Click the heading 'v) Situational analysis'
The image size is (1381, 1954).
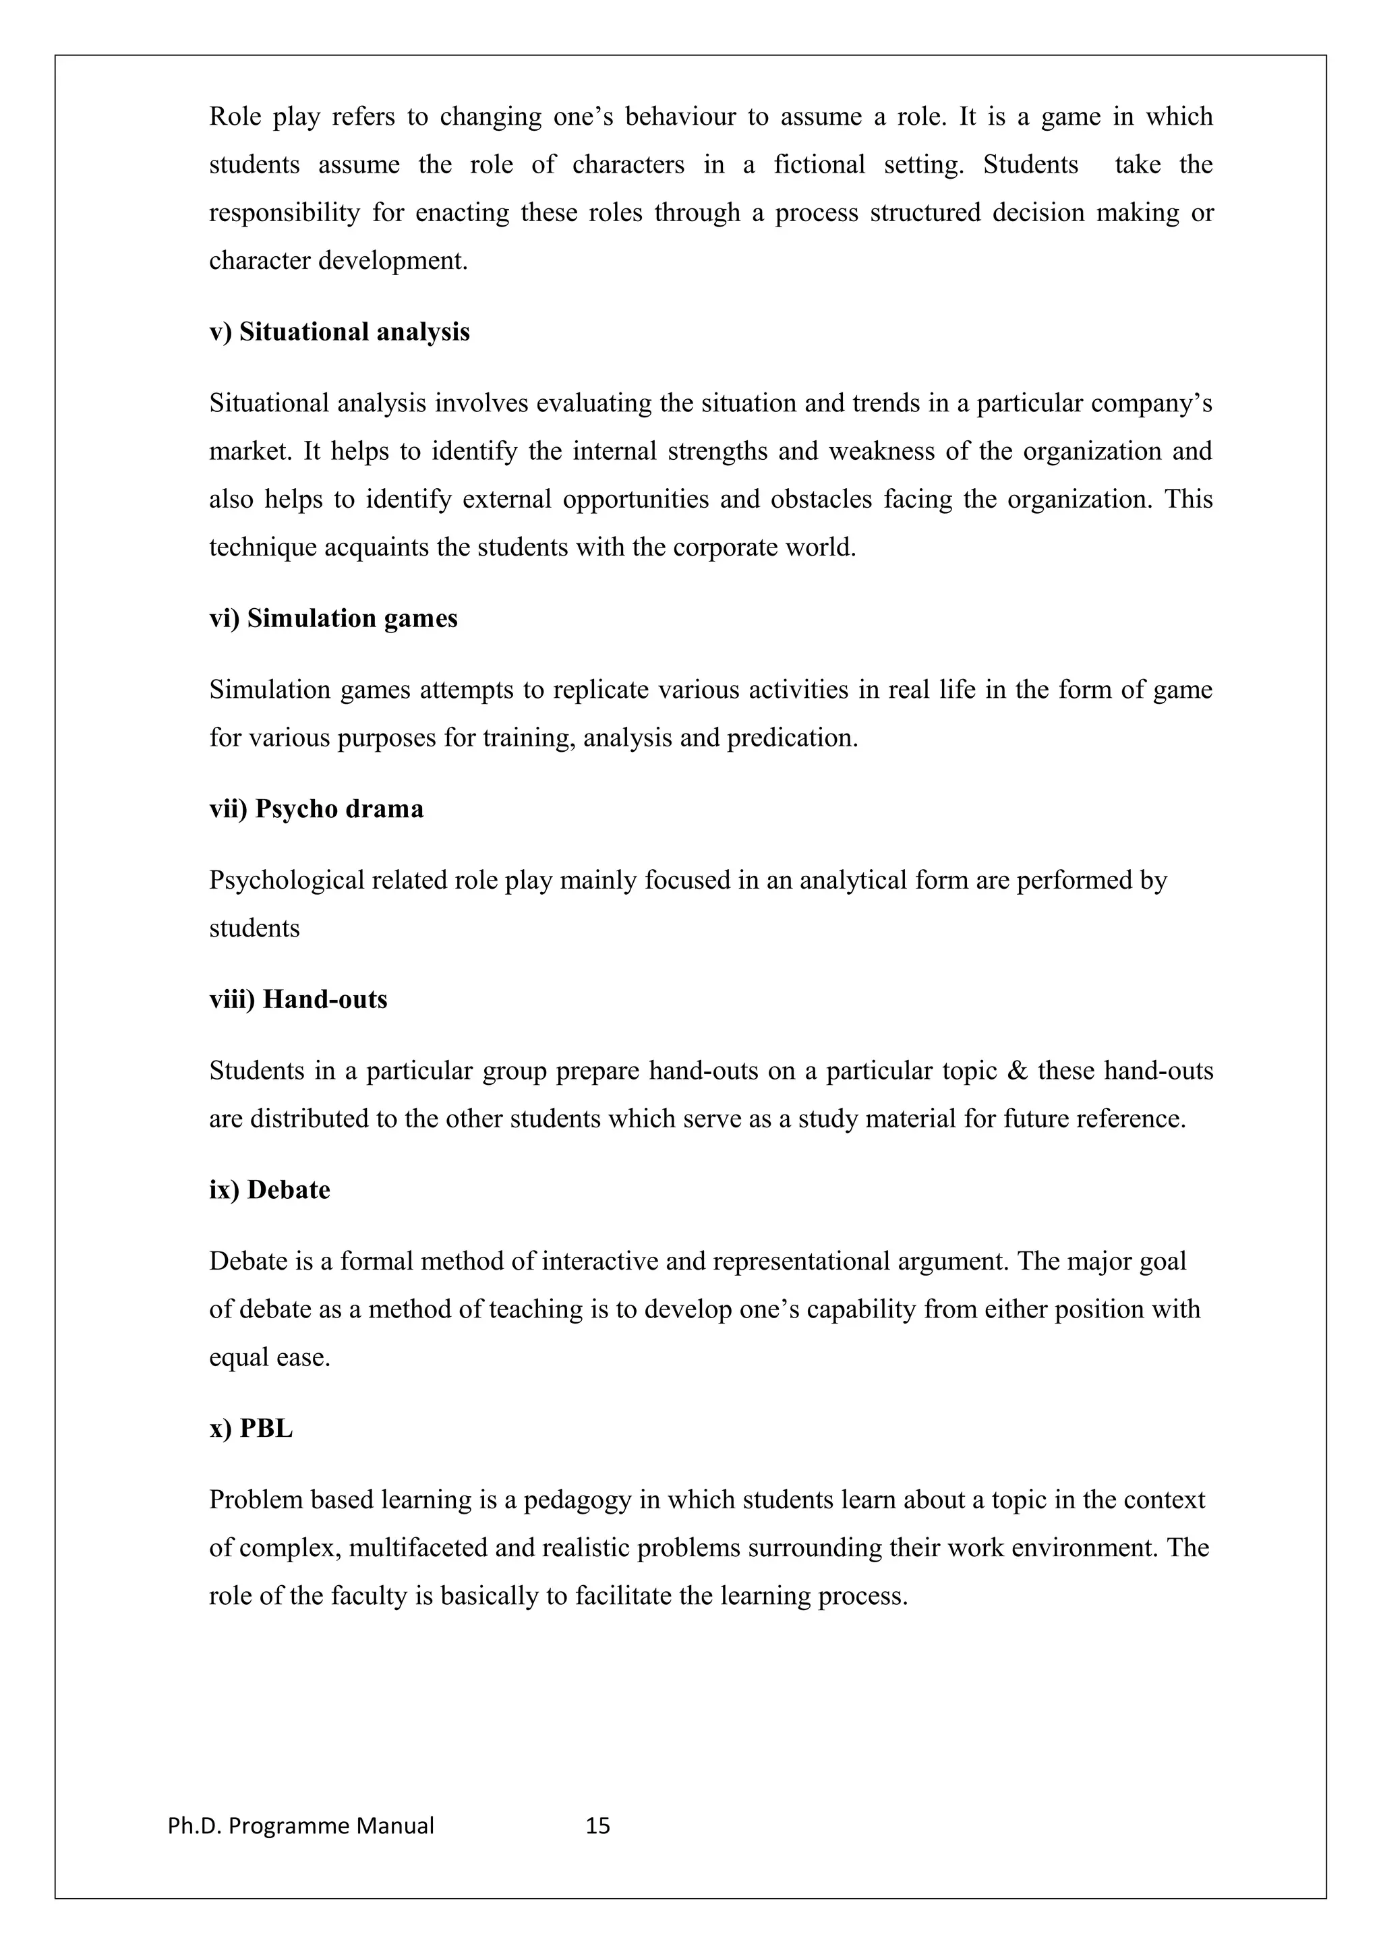339,332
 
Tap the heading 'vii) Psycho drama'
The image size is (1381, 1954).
316,808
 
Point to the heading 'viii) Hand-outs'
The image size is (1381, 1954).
298,999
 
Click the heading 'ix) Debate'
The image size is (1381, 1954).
269,1190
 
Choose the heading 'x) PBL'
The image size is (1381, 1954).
250,1428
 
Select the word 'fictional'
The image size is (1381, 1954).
819,165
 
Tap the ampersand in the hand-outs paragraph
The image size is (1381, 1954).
1017,1071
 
